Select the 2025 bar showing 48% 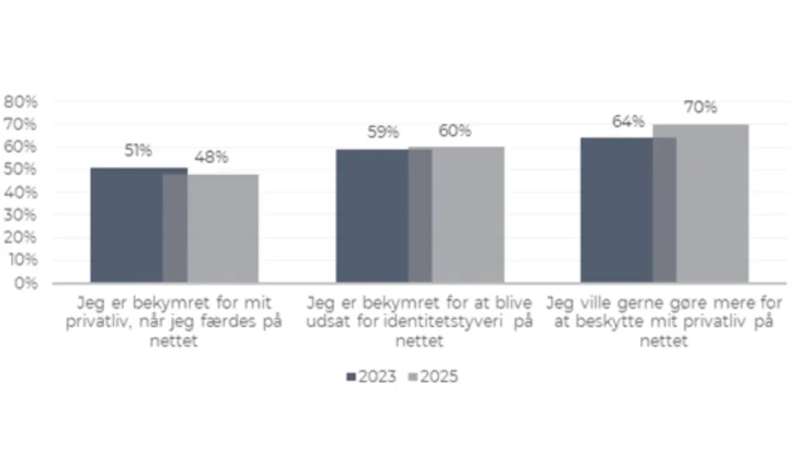pyautogui.click(x=221, y=229)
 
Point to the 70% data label pyautogui.click(x=700, y=108)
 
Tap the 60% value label pyautogui.click(x=454, y=131)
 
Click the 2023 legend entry pyautogui.click(x=372, y=377)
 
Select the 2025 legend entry pyautogui.click(x=433, y=377)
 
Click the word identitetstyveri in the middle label pyautogui.click(x=432, y=323)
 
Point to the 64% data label pyautogui.click(x=628, y=122)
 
